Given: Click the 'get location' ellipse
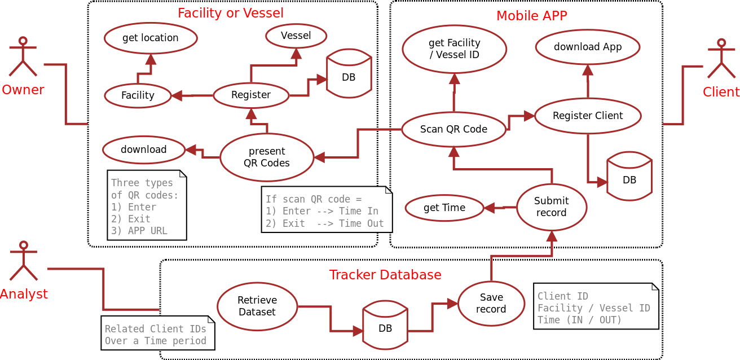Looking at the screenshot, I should coord(151,38).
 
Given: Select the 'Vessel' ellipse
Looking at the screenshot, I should coord(296,36).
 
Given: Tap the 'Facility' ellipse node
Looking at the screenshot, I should coord(138,95).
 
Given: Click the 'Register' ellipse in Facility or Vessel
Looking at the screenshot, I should coord(251,95).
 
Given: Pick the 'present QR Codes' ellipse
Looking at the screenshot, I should coord(267,157).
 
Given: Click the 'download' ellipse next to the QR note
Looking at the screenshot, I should coord(144,150).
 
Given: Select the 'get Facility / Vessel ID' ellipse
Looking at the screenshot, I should coord(455,49).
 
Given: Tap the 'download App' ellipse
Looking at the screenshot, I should coord(588,47).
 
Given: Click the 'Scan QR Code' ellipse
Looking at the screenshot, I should coord(454,129).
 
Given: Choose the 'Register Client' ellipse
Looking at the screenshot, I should coord(588,116).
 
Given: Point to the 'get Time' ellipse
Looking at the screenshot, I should coord(444,208).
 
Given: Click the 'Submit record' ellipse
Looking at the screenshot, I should coord(552,207).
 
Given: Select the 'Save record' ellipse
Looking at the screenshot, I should coord(491,304).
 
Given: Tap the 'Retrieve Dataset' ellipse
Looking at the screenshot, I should coord(257,306).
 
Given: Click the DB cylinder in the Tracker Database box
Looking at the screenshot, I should coord(385,326).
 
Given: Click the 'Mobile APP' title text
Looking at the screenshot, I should coord(531,16).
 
